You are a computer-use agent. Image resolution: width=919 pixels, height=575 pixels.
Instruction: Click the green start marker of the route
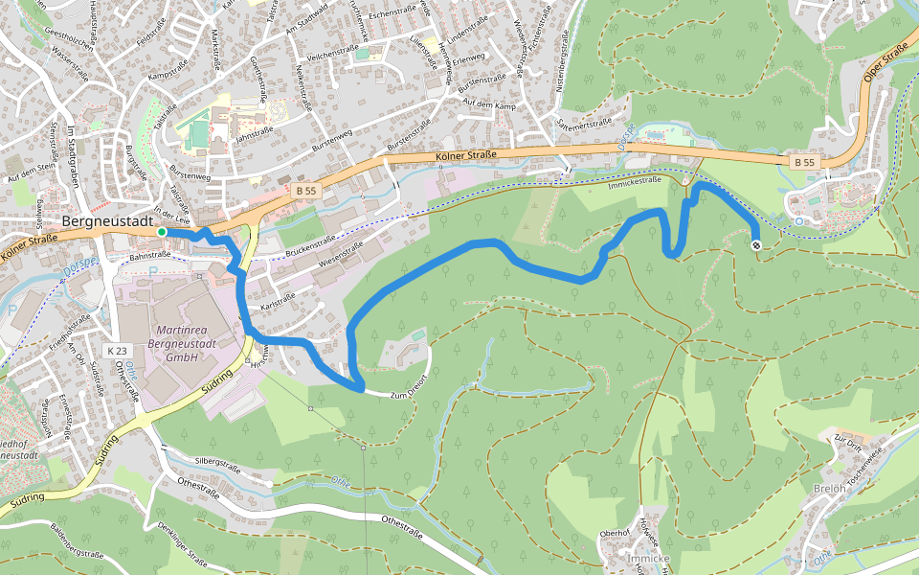162,232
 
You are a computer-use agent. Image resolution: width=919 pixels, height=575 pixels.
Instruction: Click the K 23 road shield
117,352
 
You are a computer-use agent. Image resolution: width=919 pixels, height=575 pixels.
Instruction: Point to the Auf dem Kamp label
489,103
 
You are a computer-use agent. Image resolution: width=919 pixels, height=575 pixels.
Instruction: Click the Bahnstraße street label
149,256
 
